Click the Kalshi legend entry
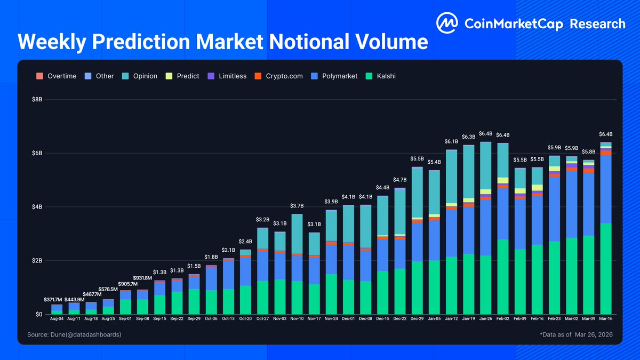(x=380, y=76)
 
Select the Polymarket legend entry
(x=335, y=76)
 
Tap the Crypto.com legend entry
(x=279, y=76)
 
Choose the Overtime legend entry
(x=57, y=76)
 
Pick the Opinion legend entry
(x=140, y=76)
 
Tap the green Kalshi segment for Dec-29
(x=417, y=288)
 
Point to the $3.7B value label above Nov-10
(x=297, y=206)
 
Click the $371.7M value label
(x=57, y=300)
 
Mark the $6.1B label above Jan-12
(x=451, y=142)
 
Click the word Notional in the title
(x=303, y=42)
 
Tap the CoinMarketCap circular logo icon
(x=447, y=23)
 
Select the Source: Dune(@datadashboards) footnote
(x=74, y=334)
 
